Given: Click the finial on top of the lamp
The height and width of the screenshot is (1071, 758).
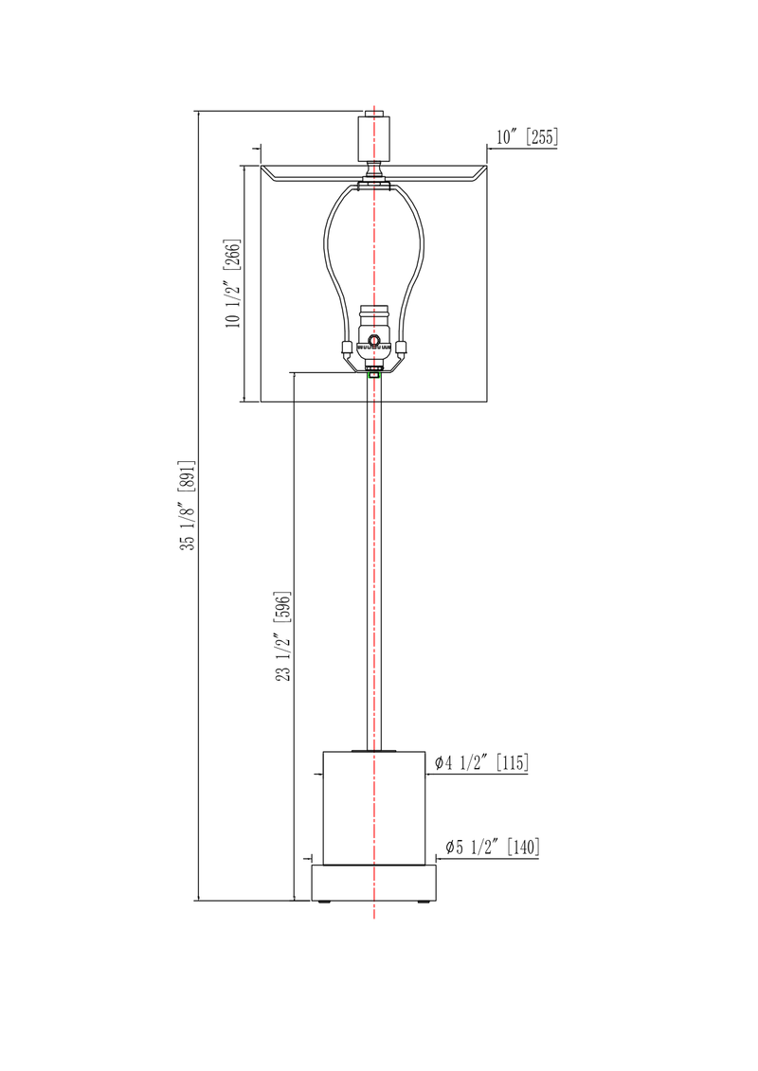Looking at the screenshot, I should (x=374, y=136).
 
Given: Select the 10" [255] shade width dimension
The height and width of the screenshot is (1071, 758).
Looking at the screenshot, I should (x=526, y=137).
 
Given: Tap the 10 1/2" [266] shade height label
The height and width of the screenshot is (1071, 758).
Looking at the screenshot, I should (x=232, y=283).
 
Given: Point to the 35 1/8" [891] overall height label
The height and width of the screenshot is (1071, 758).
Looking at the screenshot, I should (x=187, y=505).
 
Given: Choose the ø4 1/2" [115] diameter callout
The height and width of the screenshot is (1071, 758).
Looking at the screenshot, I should (x=480, y=762).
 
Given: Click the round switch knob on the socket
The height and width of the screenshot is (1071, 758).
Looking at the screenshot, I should (x=374, y=340).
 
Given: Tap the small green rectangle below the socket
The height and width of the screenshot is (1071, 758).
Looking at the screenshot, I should (x=374, y=375).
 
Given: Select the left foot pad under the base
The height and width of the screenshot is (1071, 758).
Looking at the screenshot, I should (x=326, y=903).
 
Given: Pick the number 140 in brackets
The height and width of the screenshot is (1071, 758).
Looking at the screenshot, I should (x=523, y=847).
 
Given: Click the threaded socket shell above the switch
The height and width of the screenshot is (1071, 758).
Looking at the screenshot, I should (x=374, y=317).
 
